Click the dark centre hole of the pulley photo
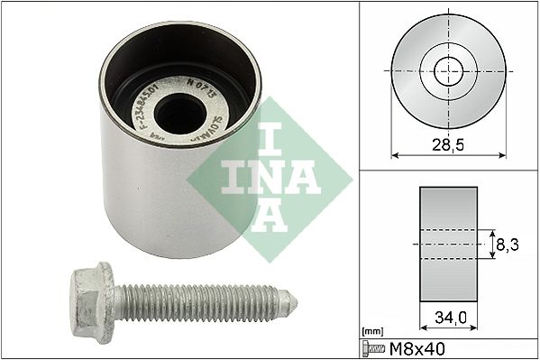click(179, 112)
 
